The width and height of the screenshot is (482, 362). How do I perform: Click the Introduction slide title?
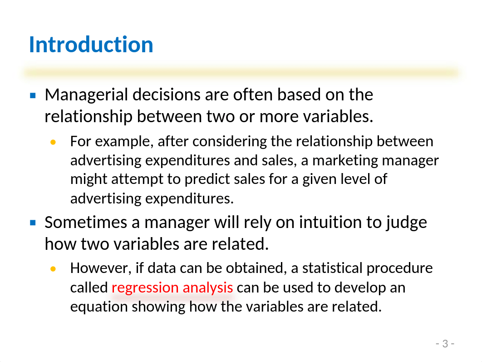coord(91,45)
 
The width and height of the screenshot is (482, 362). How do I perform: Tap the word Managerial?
coord(86,95)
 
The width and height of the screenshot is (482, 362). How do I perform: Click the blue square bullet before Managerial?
coord(33,95)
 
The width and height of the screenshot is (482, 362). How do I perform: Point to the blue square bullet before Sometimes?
coord(33,223)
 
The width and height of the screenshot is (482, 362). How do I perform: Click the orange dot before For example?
coord(53,142)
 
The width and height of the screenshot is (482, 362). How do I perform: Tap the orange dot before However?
coord(53,269)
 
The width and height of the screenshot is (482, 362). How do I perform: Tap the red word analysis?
coord(208,288)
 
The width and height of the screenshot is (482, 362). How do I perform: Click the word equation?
coord(99,307)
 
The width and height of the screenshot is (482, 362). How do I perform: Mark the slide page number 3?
coord(445,343)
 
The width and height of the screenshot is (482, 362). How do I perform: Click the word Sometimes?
coord(86,222)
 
